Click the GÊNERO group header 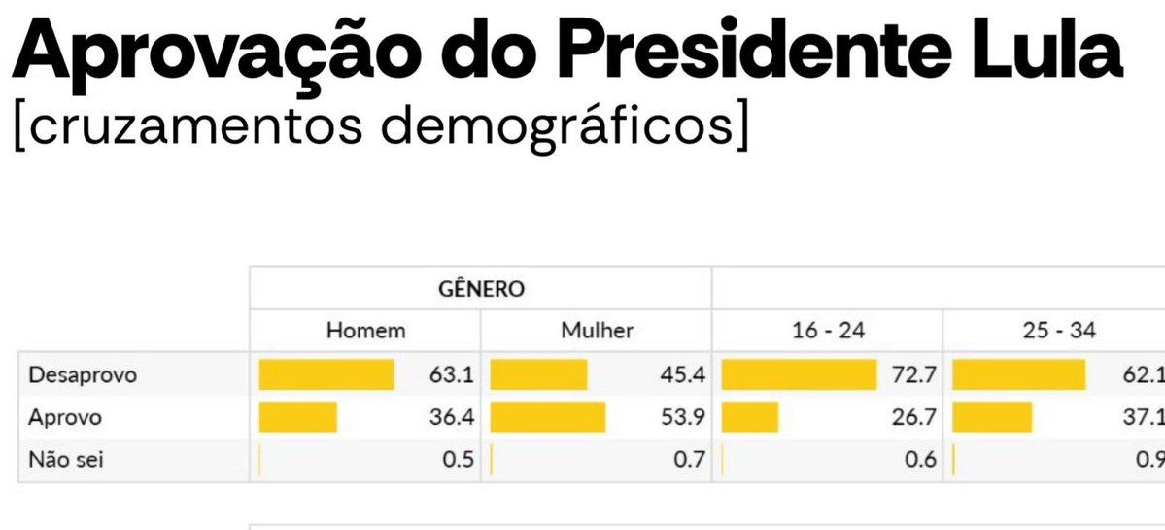(481, 289)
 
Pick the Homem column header (365, 331)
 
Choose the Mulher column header (597, 331)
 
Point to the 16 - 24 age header (828, 331)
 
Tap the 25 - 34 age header (1060, 331)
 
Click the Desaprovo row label (83, 374)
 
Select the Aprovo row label (66, 417)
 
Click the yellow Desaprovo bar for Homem (326, 374)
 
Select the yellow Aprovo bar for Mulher (548, 417)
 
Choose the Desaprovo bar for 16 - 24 (799, 374)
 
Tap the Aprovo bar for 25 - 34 (992, 417)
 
